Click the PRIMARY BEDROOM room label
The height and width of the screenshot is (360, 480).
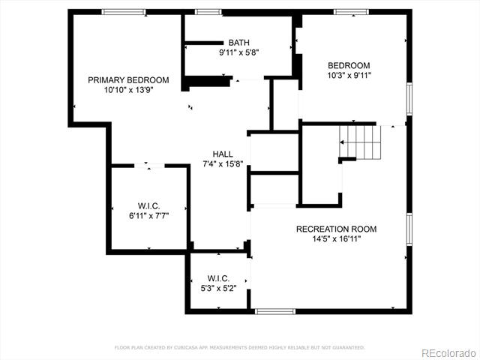(x=128, y=80)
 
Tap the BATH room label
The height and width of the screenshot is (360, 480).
(x=239, y=43)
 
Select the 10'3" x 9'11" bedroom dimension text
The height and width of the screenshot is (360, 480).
(x=349, y=75)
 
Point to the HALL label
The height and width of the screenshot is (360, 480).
(x=223, y=154)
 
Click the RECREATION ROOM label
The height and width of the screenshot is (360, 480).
(x=337, y=229)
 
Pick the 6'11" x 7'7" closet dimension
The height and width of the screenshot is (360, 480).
(x=149, y=216)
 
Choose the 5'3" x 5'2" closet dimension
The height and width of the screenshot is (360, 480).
(x=218, y=288)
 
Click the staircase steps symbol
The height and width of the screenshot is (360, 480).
(x=360, y=142)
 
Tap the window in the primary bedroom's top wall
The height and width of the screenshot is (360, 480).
(x=124, y=12)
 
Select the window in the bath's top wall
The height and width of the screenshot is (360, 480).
(x=208, y=12)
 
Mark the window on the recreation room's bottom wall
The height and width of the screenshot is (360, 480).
(x=275, y=311)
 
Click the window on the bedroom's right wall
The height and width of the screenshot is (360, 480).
(x=409, y=99)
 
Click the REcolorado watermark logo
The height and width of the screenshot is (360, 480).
(x=448, y=353)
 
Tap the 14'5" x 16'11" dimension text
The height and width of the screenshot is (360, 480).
(x=337, y=238)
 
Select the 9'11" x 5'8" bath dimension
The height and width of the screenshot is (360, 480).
(x=239, y=52)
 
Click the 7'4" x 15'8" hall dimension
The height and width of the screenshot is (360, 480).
(x=223, y=163)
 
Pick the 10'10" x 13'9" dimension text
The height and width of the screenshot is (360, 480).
(x=128, y=90)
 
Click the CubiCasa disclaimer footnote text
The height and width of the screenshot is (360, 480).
(x=240, y=347)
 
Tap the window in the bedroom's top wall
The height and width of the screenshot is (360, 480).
(x=351, y=12)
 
